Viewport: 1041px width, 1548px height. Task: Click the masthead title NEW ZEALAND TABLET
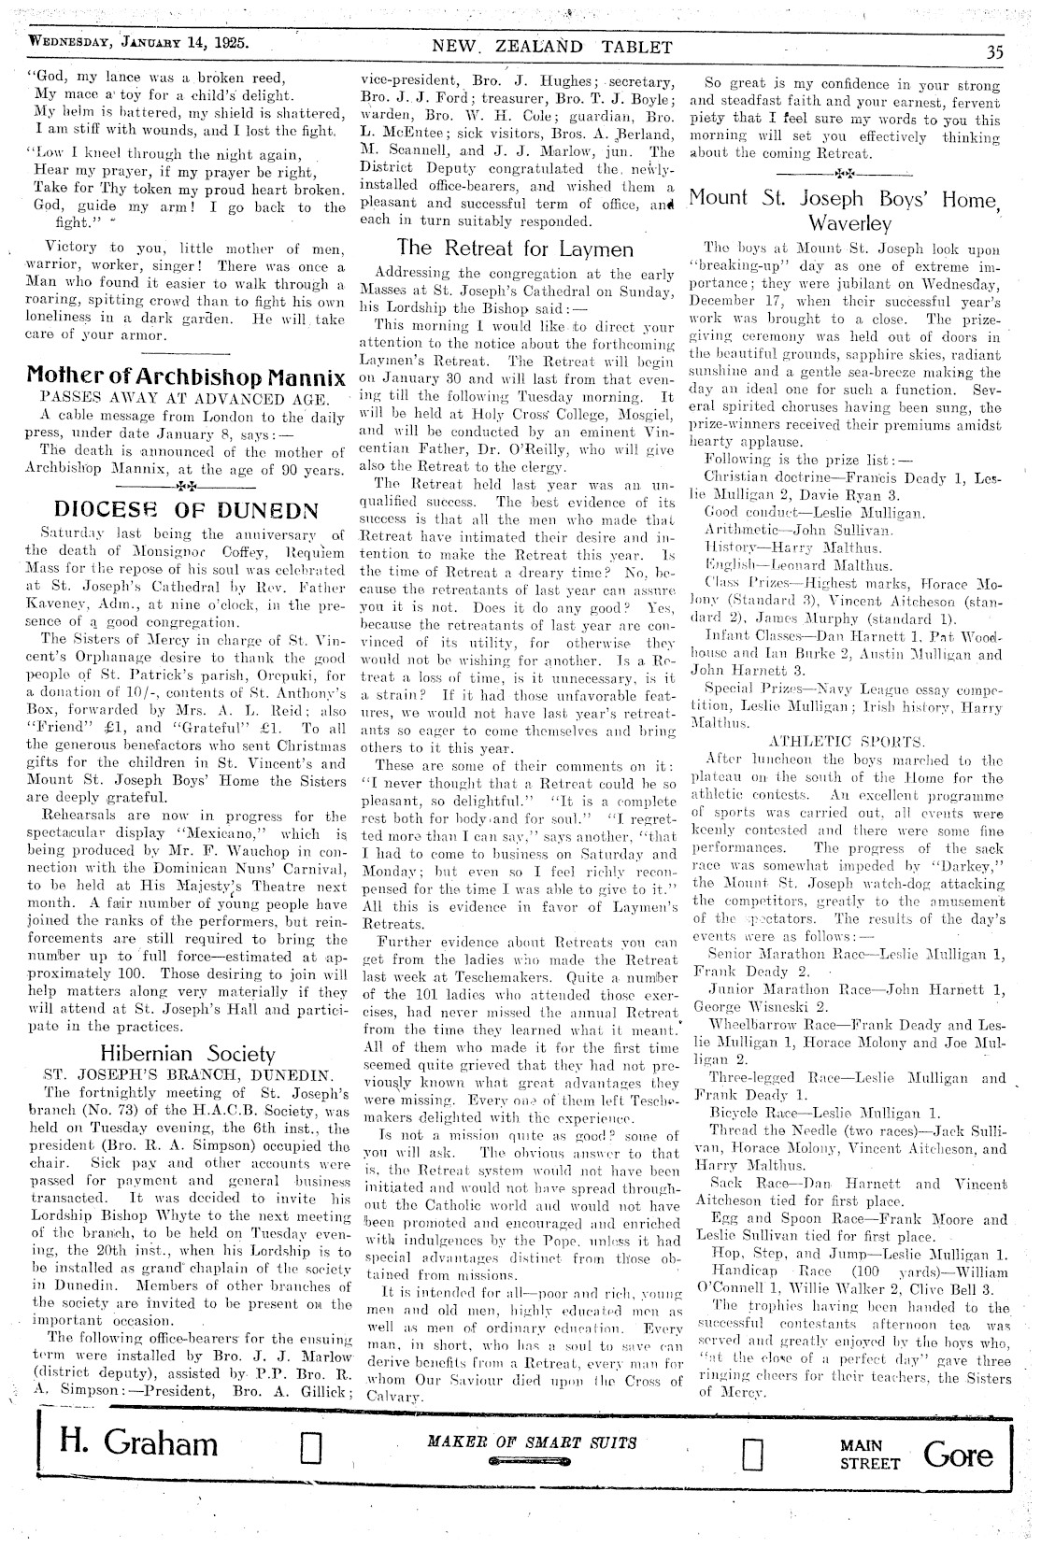pos(551,47)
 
